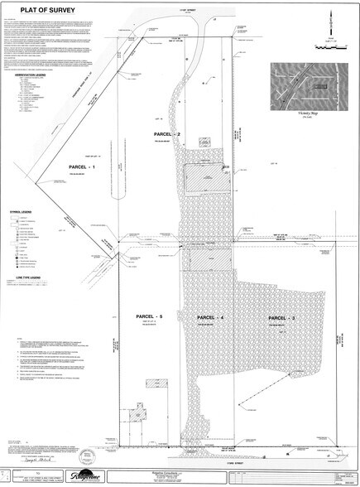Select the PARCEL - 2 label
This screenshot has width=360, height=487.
point(167,133)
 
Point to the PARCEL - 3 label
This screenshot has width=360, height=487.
point(281,318)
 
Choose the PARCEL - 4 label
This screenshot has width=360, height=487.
point(211,318)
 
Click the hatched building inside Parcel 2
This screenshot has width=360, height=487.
point(199,179)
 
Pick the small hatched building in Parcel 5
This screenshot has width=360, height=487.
point(151,388)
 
